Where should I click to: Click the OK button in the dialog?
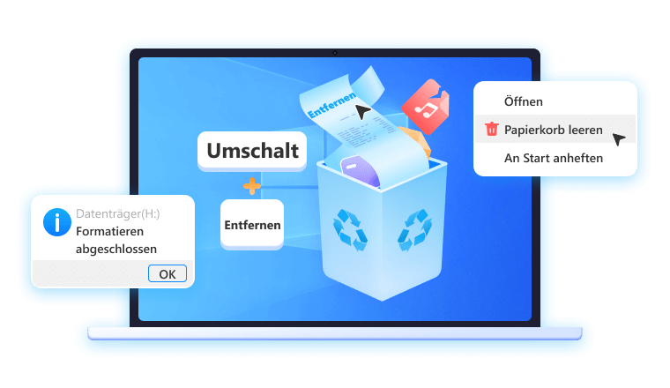click(167, 273)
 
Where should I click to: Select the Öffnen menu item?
click(523, 102)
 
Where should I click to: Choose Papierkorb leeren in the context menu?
click(554, 130)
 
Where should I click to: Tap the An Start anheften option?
click(554, 158)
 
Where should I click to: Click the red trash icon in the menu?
click(492, 130)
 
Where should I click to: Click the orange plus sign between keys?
click(252, 185)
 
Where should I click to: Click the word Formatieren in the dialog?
click(112, 231)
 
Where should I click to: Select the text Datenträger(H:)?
click(117, 213)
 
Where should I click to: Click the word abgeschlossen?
click(116, 249)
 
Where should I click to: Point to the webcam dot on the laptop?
click(335, 53)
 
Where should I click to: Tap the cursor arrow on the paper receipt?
click(362, 113)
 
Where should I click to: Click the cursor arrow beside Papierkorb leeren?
click(619, 138)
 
